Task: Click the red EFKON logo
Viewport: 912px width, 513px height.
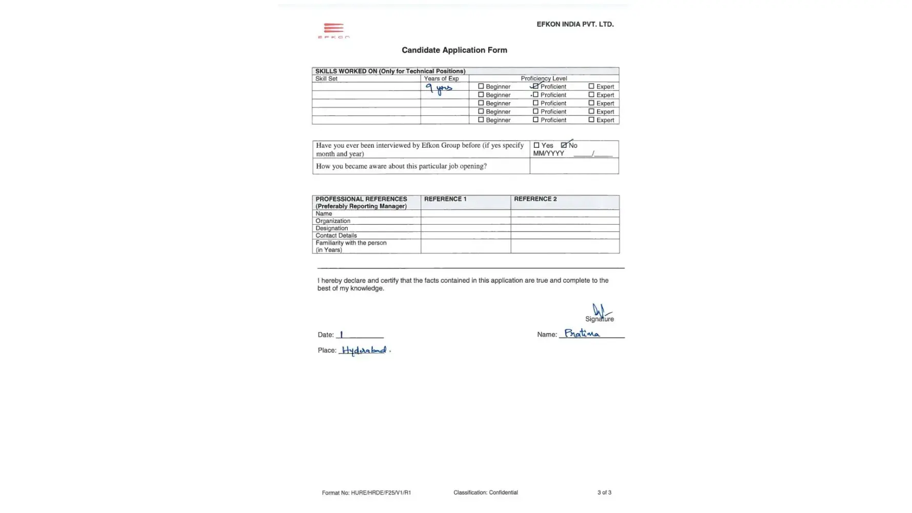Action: tap(333, 30)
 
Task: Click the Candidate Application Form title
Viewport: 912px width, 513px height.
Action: tap(454, 50)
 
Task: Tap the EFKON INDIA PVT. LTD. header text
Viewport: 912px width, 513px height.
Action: tap(574, 24)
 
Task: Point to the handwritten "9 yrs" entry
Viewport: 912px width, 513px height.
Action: tap(439, 89)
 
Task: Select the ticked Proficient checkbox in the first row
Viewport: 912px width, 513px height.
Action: tap(536, 86)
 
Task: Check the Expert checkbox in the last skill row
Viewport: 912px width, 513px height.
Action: tap(591, 120)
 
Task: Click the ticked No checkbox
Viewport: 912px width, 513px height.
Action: tap(564, 145)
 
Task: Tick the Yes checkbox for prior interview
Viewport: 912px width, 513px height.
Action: tap(537, 145)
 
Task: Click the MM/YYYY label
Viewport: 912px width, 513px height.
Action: tap(548, 153)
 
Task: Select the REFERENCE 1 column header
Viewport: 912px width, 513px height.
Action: tap(445, 199)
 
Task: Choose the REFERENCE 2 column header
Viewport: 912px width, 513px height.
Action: tap(535, 199)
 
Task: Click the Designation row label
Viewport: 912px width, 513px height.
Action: tap(331, 228)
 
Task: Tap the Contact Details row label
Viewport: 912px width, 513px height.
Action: tap(336, 235)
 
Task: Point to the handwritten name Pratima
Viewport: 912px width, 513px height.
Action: tap(582, 333)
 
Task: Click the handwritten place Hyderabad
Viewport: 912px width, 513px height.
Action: tap(364, 350)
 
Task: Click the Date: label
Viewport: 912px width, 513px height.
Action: tap(325, 335)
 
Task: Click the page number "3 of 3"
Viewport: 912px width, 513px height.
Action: tap(604, 492)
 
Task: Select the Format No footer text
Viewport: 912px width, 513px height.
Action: tap(366, 493)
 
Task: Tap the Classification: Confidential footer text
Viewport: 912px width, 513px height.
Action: tap(485, 492)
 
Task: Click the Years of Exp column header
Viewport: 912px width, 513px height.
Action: tap(441, 78)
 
